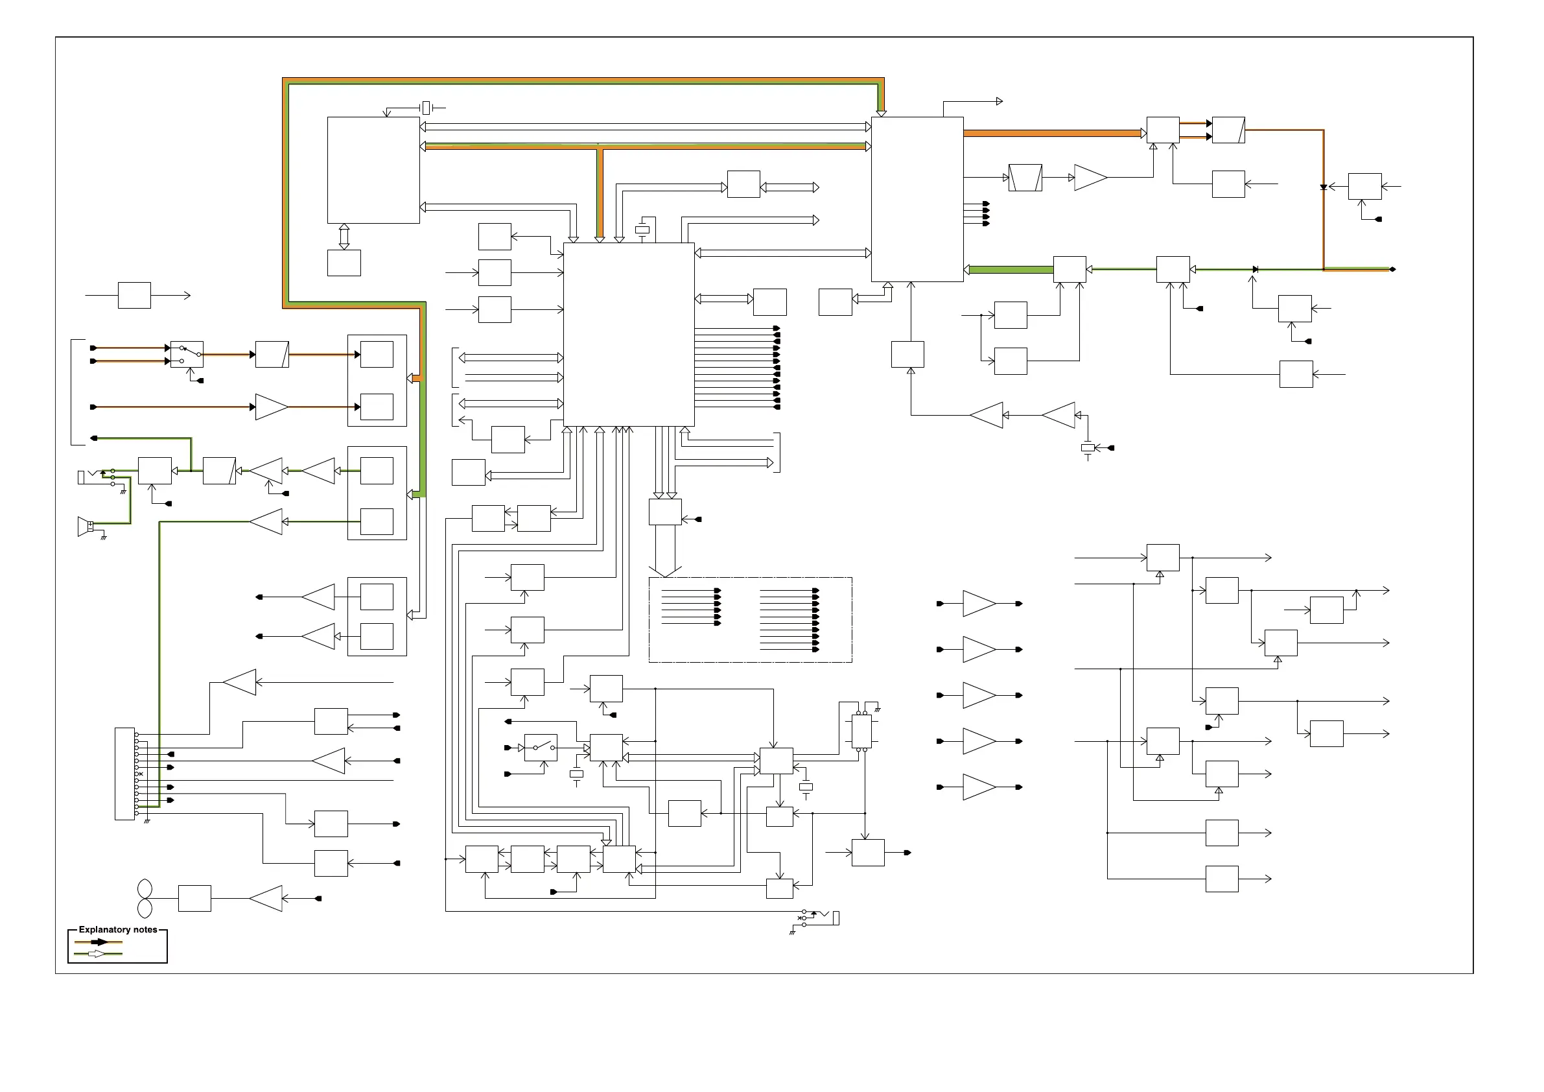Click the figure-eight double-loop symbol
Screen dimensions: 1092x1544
point(145,899)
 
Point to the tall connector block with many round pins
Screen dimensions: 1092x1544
point(125,774)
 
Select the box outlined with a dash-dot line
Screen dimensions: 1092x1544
point(750,620)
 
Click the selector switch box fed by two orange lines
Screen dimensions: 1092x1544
point(187,355)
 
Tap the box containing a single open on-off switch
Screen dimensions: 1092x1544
point(541,748)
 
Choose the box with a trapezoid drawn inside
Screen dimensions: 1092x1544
point(1025,178)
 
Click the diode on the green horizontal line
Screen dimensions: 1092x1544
point(1255,269)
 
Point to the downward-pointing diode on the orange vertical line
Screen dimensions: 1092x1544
point(1324,187)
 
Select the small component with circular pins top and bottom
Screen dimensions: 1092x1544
point(861,731)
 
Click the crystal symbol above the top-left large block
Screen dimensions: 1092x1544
point(426,108)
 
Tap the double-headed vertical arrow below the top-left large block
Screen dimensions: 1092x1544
point(344,237)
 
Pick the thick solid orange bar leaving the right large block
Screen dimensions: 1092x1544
point(1054,133)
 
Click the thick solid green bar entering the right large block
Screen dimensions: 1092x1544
point(1011,270)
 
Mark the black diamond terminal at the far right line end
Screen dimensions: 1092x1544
point(1392,269)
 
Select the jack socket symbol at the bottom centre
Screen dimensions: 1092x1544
point(819,919)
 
